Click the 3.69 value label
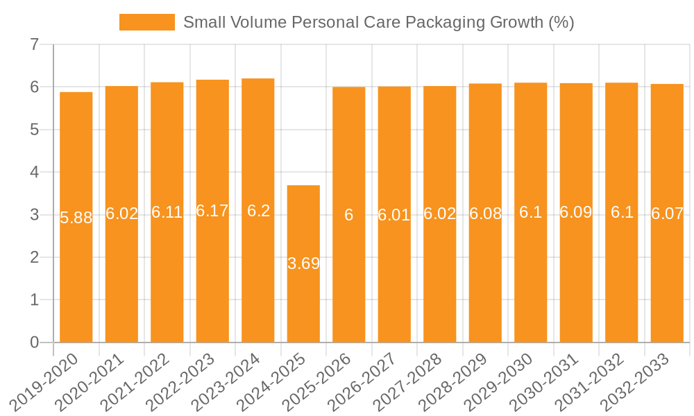click(x=303, y=263)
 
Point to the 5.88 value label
click(x=76, y=218)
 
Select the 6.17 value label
click(x=212, y=211)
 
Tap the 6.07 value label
click(x=667, y=214)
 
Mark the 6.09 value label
click(x=576, y=213)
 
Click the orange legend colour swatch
click(x=146, y=22)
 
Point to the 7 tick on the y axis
click(x=34, y=45)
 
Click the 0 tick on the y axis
click(x=34, y=343)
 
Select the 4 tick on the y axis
click(x=34, y=172)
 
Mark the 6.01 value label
click(x=394, y=215)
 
